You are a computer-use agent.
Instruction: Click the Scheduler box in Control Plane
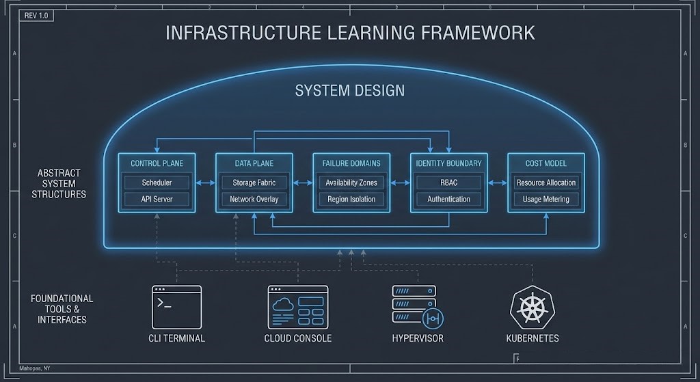click(157, 182)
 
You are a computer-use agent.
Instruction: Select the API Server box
click(157, 200)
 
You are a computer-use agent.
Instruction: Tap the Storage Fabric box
click(254, 182)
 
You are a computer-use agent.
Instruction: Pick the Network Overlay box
click(254, 200)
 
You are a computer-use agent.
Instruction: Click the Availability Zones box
click(351, 182)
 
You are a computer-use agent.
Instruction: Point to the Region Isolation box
click(351, 200)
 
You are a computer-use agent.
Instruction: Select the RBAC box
click(448, 182)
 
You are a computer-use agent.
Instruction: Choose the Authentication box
click(448, 200)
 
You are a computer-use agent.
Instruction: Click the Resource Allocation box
click(546, 182)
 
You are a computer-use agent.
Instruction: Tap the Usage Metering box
click(546, 200)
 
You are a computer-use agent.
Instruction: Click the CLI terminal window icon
click(176, 306)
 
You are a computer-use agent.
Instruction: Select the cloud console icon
click(297, 306)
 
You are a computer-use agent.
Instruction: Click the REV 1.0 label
click(36, 15)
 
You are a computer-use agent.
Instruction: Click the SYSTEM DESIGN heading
click(349, 90)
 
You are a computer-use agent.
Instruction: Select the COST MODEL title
click(546, 163)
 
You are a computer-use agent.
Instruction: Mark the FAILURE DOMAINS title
click(351, 163)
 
